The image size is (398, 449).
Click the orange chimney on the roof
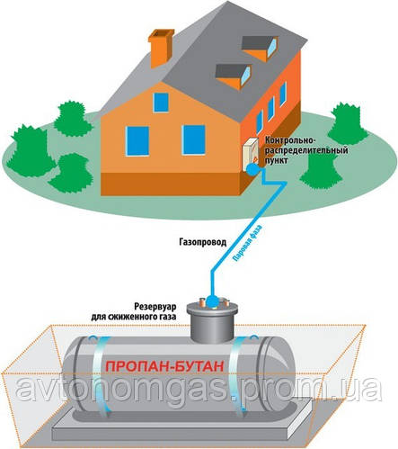coord(161,47)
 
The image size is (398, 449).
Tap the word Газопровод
coord(203,242)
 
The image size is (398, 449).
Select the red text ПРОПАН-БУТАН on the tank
coord(165,366)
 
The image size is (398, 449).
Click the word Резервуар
coord(155,307)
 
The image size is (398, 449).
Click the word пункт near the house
coord(277,161)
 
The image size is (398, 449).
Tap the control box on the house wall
coord(251,153)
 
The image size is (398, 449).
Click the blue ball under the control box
coord(252,169)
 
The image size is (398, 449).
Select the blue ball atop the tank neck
coord(212,301)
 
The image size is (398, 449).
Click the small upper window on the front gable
coord(161,103)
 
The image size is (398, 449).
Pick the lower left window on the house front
coord(137,141)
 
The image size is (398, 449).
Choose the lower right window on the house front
coord(194,139)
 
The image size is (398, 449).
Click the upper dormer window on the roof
coord(261,49)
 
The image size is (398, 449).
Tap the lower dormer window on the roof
coord(234,76)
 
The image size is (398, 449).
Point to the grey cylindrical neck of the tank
coord(212,324)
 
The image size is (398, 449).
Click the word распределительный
coord(306,150)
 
